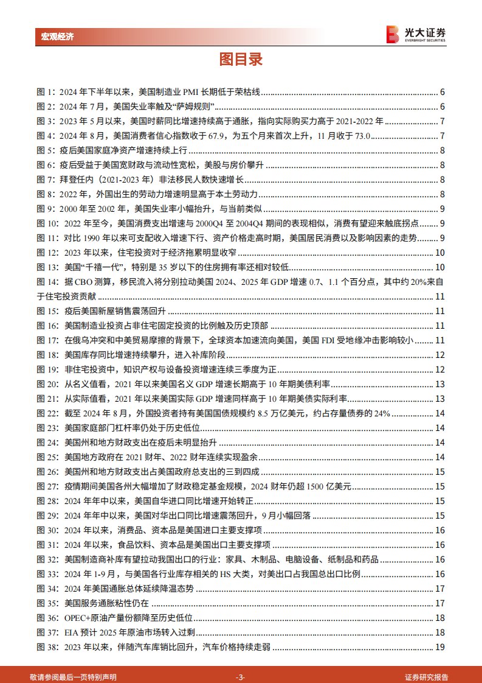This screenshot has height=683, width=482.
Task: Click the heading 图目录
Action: (x=241, y=60)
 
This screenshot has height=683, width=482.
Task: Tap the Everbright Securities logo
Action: (x=416, y=34)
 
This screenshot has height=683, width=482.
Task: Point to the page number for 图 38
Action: (x=442, y=646)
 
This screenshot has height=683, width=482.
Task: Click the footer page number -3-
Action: (x=241, y=677)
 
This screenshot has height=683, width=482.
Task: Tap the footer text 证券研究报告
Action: (x=427, y=677)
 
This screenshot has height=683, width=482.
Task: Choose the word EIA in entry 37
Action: (x=71, y=632)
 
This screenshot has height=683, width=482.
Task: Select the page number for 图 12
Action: (x=442, y=253)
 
